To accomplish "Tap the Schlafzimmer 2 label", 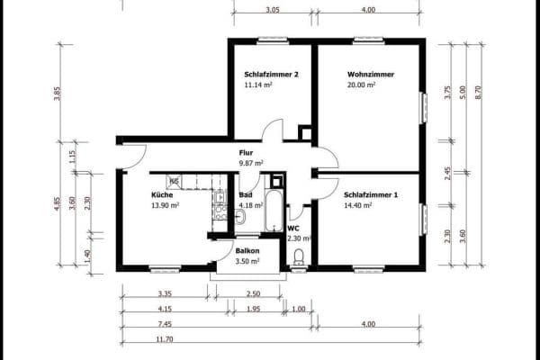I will [x=271, y=75].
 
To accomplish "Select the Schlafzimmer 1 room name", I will [x=370, y=194].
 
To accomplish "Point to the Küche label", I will [x=162, y=194].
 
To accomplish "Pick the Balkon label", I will [x=247, y=250].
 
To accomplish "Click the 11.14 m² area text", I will [x=258, y=85].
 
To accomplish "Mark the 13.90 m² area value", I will [x=166, y=205].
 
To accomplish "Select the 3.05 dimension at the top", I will [x=273, y=10].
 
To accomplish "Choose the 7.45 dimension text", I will [x=165, y=323].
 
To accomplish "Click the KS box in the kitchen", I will [x=175, y=181].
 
